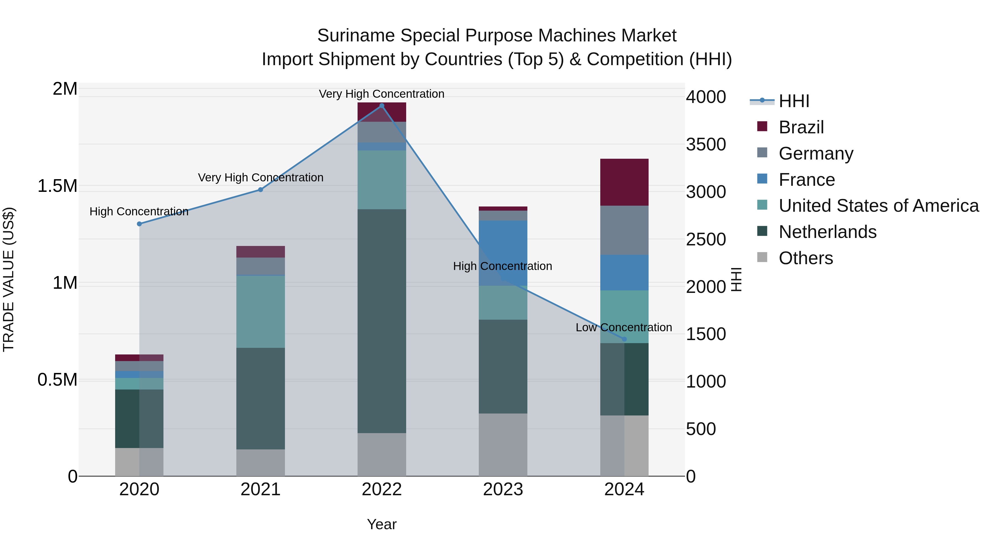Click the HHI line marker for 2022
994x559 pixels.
click(x=382, y=106)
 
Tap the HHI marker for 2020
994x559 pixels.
click(x=139, y=224)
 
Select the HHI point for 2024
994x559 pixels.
click(x=624, y=339)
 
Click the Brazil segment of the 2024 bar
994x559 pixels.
click(x=624, y=182)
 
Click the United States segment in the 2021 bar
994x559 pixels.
click(x=260, y=311)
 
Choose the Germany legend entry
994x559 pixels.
click(x=815, y=153)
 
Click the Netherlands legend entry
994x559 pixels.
click(x=827, y=232)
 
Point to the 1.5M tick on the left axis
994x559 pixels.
click(x=57, y=186)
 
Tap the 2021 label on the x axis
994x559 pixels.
click(x=260, y=489)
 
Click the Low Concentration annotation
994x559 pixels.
click(x=623, y=327)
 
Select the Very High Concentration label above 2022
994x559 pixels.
click(x=381, y=94)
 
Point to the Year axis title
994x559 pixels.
click(x=381, y=524)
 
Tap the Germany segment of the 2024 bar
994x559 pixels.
click(x=624, y=230)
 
